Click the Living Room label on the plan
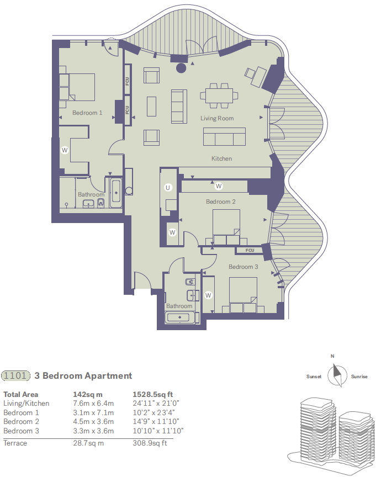pyautogui.click(x=216, y=118)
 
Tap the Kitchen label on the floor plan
pyautogui.click(x=222, y=159)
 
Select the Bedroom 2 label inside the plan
pyautogui.click(x=221, y=202)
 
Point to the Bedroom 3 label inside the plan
pyautogui.click(x=243, y=267)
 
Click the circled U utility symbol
pyautogui.click(x=168, y=188)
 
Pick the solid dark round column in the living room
pyautogui.click(x=181, y=68)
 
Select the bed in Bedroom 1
pyautogui.click(x=77, y=87)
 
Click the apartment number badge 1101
pyautogui.click(x=15, y=376)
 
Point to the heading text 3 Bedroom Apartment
pyautogui.click(x=83, y=376)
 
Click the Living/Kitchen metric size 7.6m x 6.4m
pyautogui.click(x=93, y=404)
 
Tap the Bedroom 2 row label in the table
pyautogui.click(x=21, y=422)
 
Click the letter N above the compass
pyautogui.click(x=332, y=357)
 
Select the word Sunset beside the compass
pyautogui.click(x=314, y=377)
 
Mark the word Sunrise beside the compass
pyautogui.click(x=359, y=377)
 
